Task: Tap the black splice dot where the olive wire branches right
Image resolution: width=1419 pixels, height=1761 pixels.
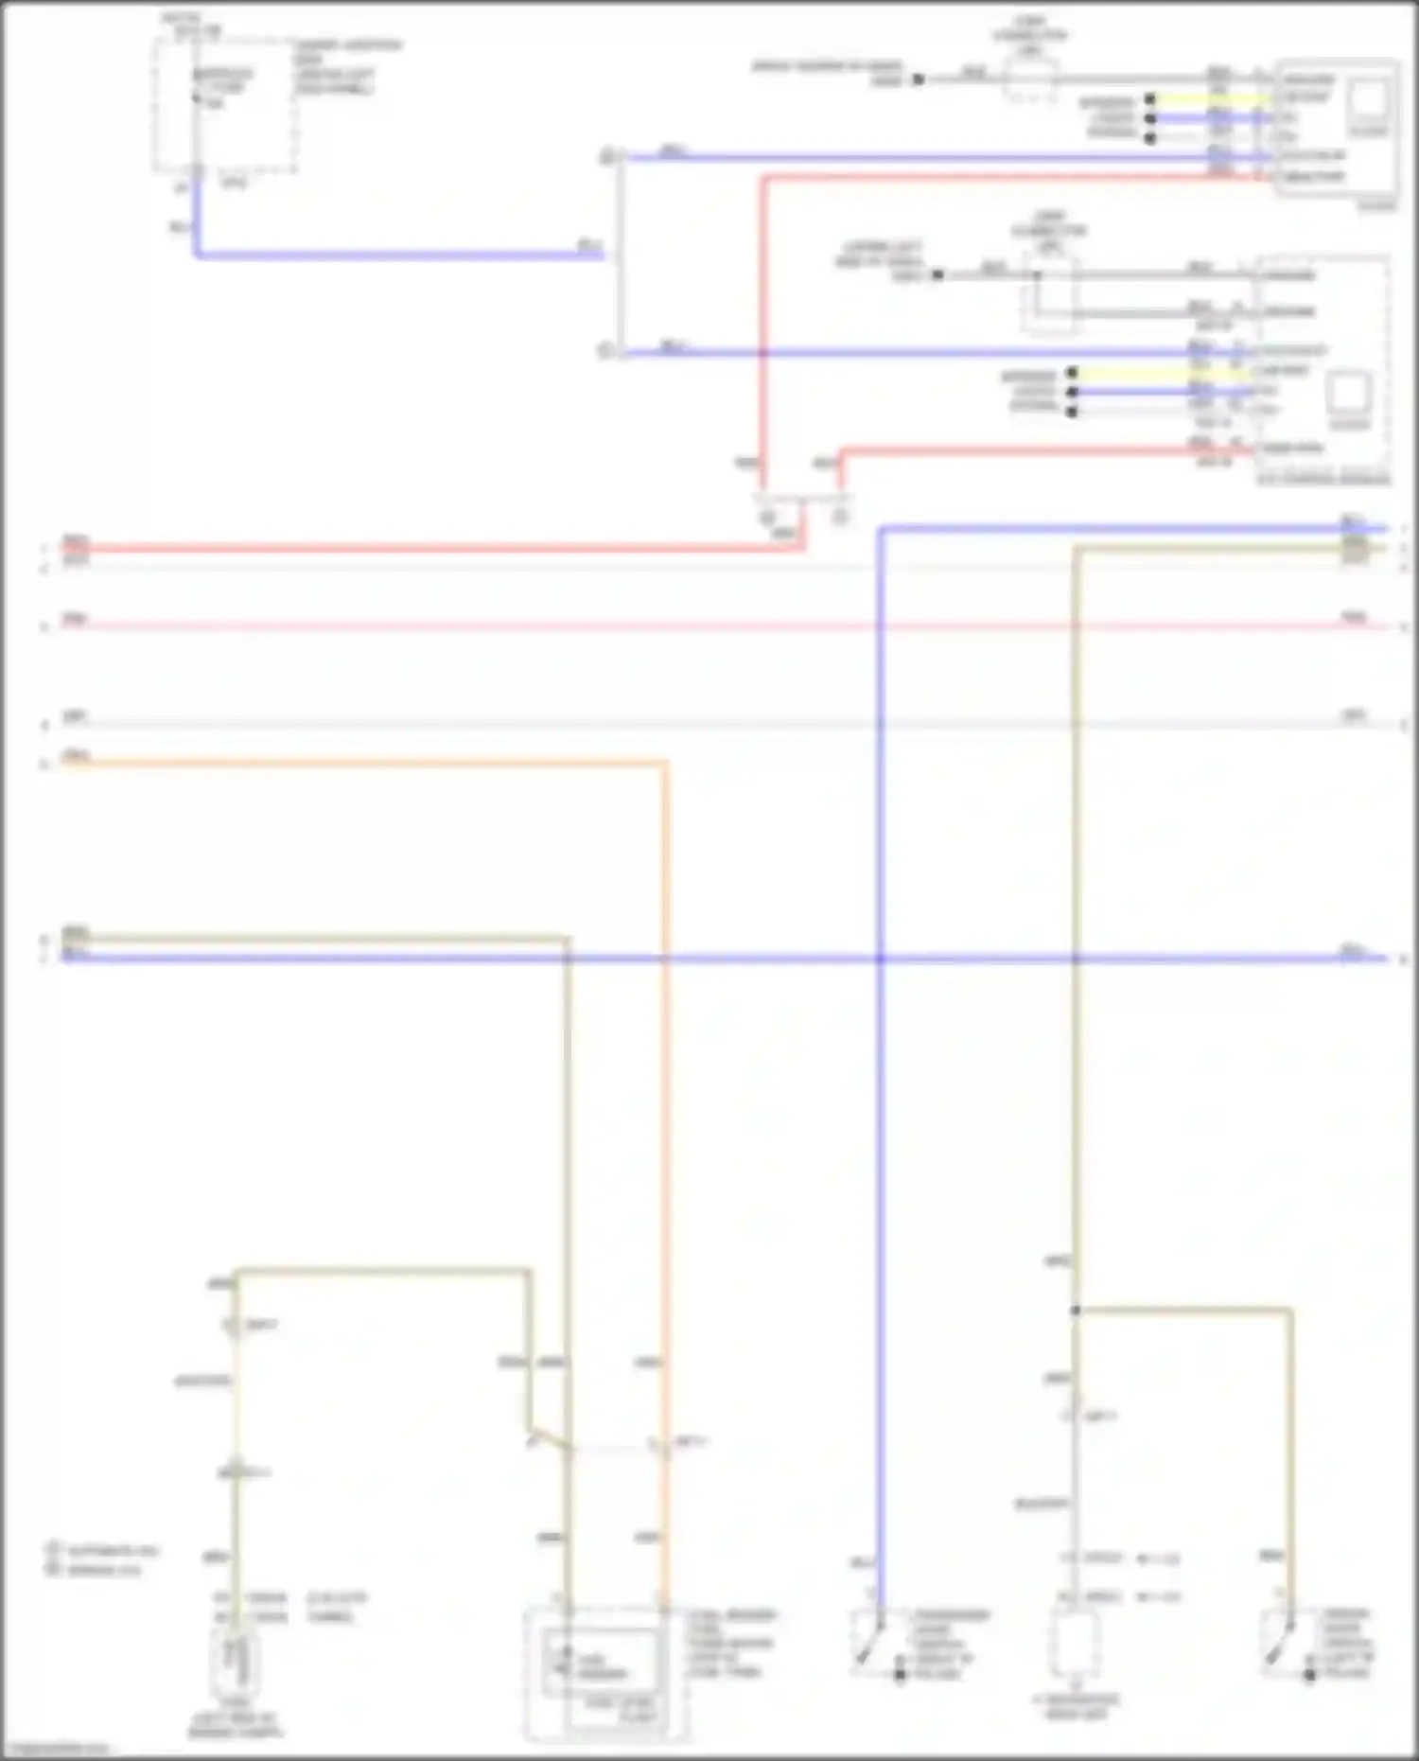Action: [x=1076, y=1311]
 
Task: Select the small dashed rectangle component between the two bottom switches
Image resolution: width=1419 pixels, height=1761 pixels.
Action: [x=1076, y=1645]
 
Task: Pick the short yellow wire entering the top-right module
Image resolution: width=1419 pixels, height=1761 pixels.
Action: [x=1211, y=98]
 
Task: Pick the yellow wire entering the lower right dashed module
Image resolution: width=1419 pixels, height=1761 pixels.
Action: [x=1164, y=374]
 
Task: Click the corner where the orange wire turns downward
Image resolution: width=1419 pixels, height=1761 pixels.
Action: [x=665, y=762]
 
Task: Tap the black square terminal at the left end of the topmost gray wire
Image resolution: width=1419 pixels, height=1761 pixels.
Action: [x=918, y=80]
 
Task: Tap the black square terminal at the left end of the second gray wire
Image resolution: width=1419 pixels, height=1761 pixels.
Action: [x=937, y=275]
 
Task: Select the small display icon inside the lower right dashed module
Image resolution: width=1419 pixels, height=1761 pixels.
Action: [x=1349, y=392]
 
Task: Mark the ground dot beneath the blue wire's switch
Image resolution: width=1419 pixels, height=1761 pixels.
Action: [x=900, y=1674]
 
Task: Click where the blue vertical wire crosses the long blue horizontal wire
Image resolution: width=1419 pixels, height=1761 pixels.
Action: [x=880, y=959]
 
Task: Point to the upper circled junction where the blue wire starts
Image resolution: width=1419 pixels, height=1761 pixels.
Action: [x=608, y=156]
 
